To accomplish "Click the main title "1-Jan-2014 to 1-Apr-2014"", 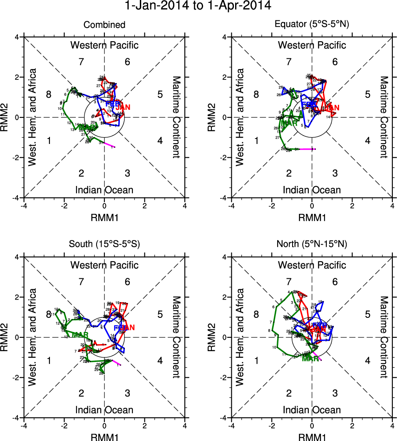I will point(198,6).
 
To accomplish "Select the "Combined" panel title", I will point(104,25).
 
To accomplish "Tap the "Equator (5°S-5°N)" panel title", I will point(312,25).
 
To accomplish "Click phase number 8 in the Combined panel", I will point(49,94).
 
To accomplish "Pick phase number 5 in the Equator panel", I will point(367,94).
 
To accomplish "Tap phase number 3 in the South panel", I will point(127,393).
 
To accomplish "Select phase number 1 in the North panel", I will point(257,361).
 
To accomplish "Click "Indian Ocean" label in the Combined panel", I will point(104,190).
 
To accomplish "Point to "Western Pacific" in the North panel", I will point(312,265).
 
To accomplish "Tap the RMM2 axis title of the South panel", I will point(7,337).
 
